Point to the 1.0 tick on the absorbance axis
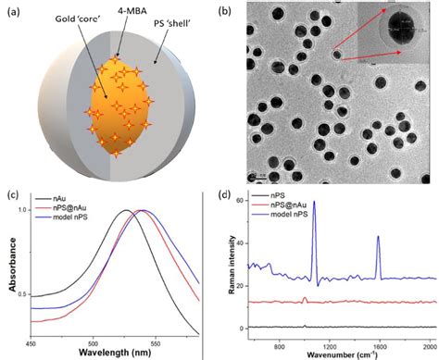click(x=23, y=211)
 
